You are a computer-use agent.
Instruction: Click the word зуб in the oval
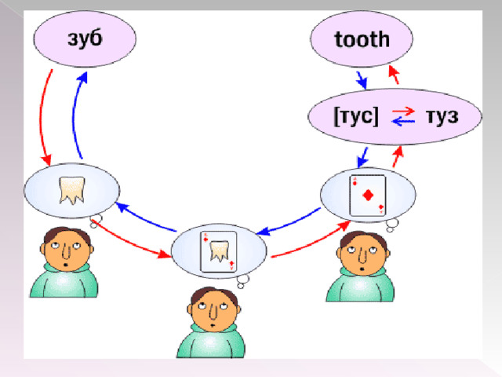coord(85,39)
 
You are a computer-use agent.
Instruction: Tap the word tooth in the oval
coord(362,40)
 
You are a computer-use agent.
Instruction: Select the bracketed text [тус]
coord(356,116)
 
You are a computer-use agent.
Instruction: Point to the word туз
coord(442,116)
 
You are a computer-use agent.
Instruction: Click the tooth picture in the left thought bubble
coord(72,190)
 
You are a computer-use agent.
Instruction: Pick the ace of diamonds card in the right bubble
coord(368,196)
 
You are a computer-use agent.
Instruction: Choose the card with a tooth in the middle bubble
coord(219,252)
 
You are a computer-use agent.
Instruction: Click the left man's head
coord(67,248)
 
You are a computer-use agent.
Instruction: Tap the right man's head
coord(363,253)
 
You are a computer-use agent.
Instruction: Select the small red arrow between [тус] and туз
coord(403,112)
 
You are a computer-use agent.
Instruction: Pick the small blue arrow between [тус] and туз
coord(403,121)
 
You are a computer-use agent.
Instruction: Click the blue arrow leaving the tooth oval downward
coord(362,80)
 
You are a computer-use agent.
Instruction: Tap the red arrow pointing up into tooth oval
coord(394,75)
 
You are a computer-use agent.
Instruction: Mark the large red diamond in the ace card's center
coord(368,196)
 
